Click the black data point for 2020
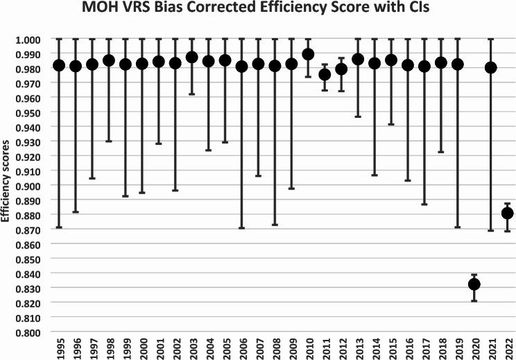[474, 284]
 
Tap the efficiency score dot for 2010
[308, 54]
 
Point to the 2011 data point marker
[325, 74]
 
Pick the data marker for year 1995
[59, 65]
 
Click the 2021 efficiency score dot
[491, 67]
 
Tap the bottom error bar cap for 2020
[474, 301]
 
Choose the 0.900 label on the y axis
[31, 186]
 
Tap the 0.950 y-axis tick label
[31, 113]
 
